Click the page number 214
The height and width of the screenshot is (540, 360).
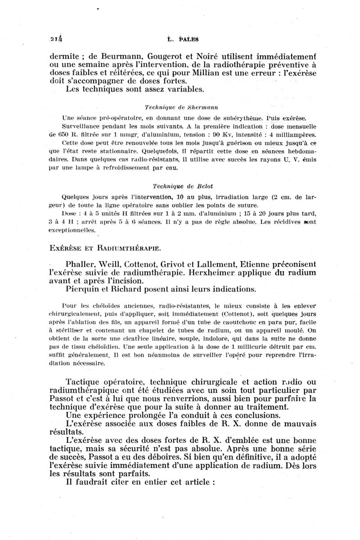coord(57,38)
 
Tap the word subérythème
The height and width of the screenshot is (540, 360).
coord(243,118)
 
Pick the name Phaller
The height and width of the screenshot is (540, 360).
coord(81,263)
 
